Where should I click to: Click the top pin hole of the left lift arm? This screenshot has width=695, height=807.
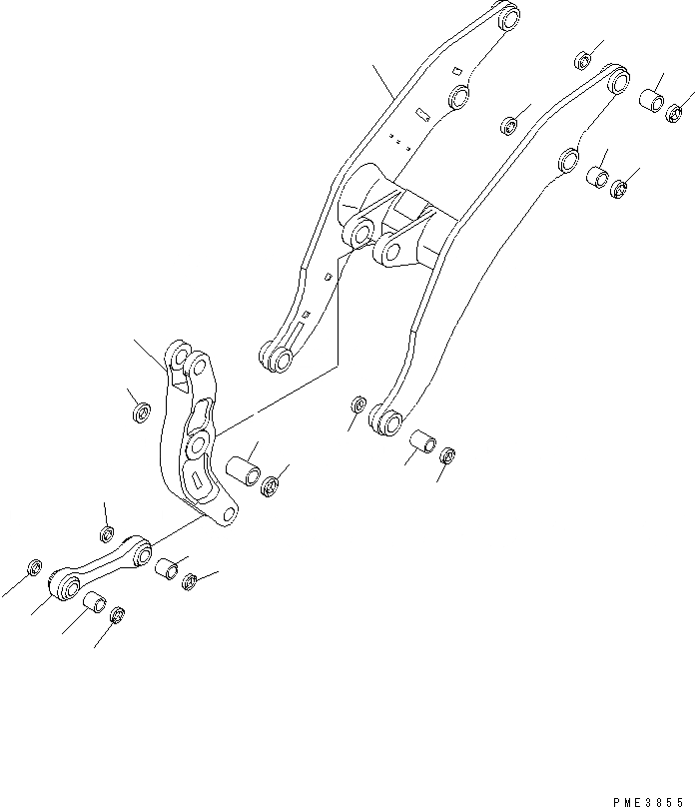click(x=508, y=17)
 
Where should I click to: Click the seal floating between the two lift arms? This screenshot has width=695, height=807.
click(x=509, y=125)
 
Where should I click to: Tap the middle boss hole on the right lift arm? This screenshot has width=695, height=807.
click(x=569, y=157)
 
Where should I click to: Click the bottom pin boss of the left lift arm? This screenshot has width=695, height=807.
click(x=274, y=354)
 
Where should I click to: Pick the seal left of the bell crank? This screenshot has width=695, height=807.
click(x=141, y=410)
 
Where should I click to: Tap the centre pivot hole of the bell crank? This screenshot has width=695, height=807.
click(x=197, y=442)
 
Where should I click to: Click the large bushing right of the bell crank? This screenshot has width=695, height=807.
click(x=243, y=469)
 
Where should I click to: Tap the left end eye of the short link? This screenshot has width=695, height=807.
click(x=66, y=582)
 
